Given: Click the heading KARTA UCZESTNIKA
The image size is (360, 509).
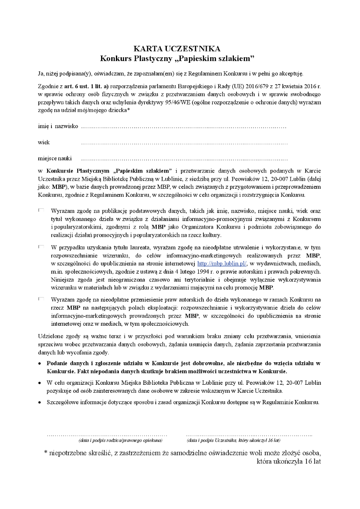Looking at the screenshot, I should click(x=177, y=48).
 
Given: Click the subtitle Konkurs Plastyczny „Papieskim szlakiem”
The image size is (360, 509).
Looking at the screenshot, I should click(x=177, y=57).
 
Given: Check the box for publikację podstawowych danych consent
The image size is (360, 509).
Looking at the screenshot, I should click(x=41, y=210).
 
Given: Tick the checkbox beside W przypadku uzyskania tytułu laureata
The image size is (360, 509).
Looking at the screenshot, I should click(x=41, y=246).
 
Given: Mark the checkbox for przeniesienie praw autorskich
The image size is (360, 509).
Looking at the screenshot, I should click(x=41, y=299).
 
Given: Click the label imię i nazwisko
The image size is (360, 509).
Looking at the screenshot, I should click(x=58, y=126).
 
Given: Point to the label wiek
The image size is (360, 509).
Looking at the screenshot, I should click(x=44, y=143).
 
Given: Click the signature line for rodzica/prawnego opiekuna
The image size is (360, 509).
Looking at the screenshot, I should click(x=107, y=435).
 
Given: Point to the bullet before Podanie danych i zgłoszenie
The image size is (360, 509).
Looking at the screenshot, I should click(x=39, y=364).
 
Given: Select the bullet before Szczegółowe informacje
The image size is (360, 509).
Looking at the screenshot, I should click(x=39, y=402).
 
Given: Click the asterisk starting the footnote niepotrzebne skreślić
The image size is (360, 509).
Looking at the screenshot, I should click(x=46, y=453).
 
